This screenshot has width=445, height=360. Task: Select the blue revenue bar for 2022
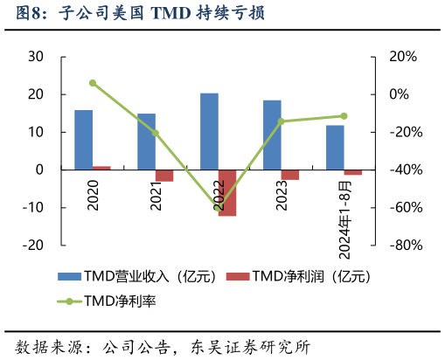point(209,131)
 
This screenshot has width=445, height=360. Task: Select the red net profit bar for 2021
point(164,176)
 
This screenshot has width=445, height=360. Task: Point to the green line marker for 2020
point(93,83)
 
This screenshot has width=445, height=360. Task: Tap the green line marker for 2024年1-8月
point(344,116)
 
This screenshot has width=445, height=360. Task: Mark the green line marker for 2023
point(282,121)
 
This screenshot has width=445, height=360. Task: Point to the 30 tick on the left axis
point(36,57)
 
